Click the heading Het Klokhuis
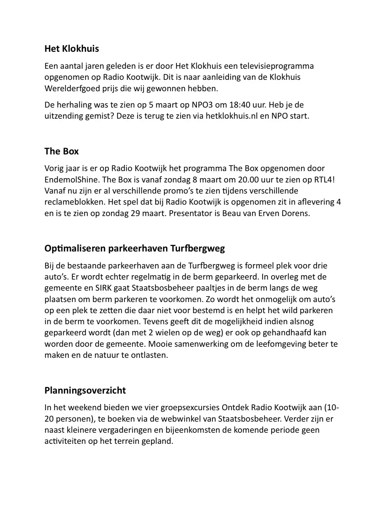(x=71, y=49)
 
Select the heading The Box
(x=61, y=151)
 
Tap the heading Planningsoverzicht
(x=85, y=390)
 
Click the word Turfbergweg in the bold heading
(x=197, y=248)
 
